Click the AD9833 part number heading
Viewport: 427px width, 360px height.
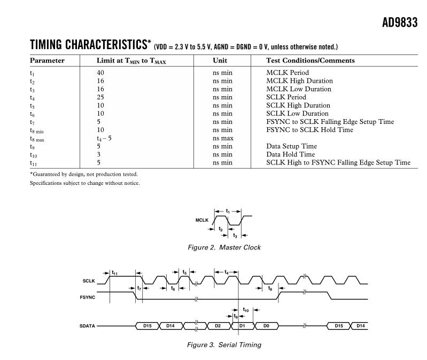[400, 23]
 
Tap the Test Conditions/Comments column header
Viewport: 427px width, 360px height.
[310, 60]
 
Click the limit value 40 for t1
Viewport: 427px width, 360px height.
[100, 73]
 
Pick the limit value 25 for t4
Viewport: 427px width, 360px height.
[100, 97]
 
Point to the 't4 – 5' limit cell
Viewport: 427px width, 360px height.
[104, 138]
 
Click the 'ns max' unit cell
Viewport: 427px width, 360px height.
[223, 138]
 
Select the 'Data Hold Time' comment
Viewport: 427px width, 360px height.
[291, 154]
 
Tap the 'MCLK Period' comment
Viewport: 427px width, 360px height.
[288, 73]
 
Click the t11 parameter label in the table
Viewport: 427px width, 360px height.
[34, 163]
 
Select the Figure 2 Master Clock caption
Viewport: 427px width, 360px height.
[224, 247]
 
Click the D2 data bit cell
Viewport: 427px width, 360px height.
[218, 325]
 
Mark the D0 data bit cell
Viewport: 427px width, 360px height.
[267, 325]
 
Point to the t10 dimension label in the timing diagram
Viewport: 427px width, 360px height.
[245, 309]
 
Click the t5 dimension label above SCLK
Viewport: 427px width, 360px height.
[184, 272]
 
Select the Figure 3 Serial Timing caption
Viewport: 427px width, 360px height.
[224, 345]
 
